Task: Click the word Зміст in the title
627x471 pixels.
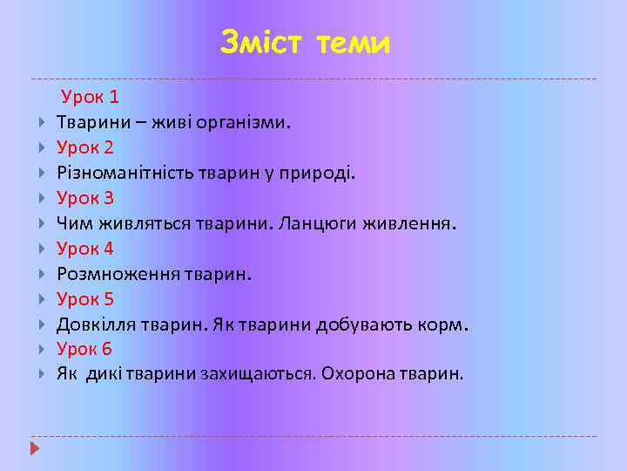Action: (x=259, y=42)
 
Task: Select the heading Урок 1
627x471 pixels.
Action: (x=90, y=96)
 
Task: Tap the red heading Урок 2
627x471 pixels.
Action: (x=85, y=147)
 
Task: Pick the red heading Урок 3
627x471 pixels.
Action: (x=85, y=198)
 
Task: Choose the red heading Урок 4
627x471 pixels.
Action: (x=85, y=249)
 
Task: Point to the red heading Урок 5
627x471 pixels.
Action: (x=85, y=299)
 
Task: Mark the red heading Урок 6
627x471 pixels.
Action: (x=85, y=350)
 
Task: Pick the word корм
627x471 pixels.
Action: (x=449, y=324)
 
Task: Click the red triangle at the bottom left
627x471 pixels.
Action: (x=35, y=449)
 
